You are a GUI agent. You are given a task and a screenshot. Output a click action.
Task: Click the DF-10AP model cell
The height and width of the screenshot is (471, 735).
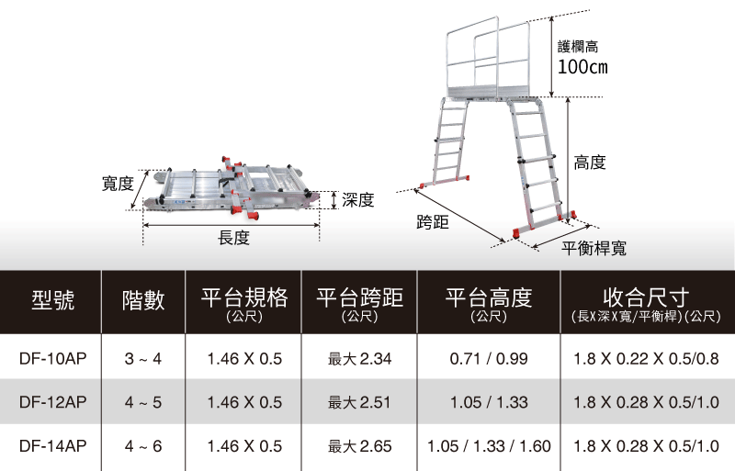(52, 358)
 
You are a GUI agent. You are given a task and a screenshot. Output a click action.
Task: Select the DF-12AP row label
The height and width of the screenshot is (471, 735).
(52, 402)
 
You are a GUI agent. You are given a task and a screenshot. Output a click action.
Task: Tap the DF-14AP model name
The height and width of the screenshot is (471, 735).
(52, 446)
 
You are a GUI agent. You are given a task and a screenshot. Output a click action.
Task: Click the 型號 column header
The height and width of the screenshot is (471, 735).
(52, 299)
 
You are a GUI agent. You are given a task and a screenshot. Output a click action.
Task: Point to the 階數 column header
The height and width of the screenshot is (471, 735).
(142, 299)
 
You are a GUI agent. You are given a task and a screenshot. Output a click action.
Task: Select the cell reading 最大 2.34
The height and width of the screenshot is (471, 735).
(359, 358)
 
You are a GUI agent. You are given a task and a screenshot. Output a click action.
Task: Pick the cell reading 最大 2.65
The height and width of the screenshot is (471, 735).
(359, 446)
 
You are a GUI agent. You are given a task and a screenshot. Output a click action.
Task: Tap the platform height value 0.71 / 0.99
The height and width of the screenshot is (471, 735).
(489, 358)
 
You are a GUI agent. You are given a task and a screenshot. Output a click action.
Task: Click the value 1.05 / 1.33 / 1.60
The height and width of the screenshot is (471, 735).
(489, 446)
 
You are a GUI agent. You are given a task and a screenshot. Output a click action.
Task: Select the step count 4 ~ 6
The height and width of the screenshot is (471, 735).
(142, 446)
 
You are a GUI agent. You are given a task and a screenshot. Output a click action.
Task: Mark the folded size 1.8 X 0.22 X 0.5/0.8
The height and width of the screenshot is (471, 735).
(645, 358)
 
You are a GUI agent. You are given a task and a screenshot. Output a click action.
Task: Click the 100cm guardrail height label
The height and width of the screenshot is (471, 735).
(582, 66)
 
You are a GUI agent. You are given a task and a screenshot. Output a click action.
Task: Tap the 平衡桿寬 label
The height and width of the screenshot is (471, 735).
(594, 249)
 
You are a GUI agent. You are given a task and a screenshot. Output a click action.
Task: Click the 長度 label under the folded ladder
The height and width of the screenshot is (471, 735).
(233, 239)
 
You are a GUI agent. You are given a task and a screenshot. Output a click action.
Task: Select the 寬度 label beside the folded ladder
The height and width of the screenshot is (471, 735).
(117, 185)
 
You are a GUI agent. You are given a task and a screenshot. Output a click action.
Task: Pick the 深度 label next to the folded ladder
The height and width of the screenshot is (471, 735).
(357, 199)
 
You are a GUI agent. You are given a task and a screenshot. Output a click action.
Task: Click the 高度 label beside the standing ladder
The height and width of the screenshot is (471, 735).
(589, 163)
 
